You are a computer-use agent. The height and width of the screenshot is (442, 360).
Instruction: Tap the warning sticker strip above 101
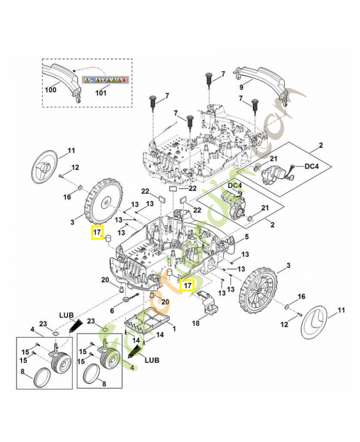[105, 80]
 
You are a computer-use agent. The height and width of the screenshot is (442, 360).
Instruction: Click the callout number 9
[241, 87]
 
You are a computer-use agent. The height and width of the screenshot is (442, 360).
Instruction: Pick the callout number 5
[246, 237]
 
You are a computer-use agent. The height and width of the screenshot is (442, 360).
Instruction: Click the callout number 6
[112, 311]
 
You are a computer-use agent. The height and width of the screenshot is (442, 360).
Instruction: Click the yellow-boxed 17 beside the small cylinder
[97, 233]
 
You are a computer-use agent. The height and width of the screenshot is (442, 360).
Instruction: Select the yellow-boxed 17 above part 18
[187, 285]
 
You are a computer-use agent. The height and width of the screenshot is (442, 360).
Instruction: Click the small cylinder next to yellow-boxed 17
[109, 238]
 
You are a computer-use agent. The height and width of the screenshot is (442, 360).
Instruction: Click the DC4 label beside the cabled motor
[313, 165]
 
